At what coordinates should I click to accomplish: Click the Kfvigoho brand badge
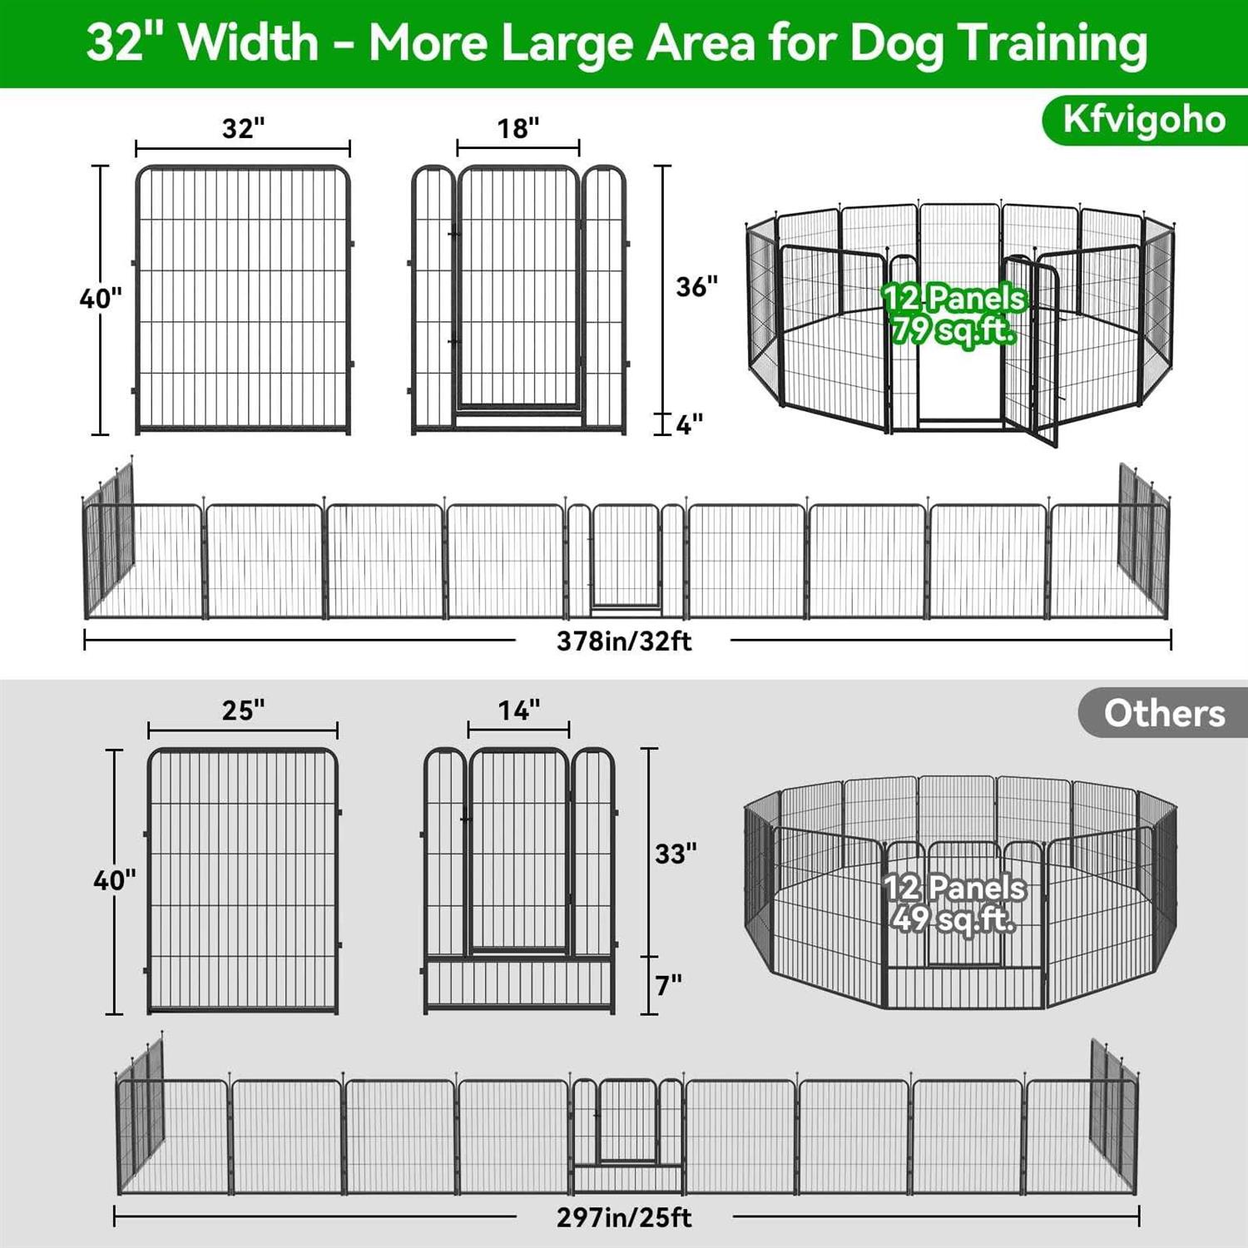(1144, 121)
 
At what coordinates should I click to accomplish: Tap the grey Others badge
(1163, 713)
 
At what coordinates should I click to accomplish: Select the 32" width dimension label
(243, 128)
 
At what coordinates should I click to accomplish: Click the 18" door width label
(518, 128)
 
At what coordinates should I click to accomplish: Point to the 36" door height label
(697, 286)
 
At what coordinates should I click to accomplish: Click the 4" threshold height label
(690, 424)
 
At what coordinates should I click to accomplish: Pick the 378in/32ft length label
(624, 641)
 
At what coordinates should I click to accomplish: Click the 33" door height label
(676, 854)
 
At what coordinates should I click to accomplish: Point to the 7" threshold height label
(669, 985)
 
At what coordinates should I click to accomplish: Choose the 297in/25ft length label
(624, 1218)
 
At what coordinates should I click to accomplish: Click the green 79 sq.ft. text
(953, 331)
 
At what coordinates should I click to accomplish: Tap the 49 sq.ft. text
(953, 919)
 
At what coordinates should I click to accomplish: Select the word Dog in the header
(895, 43)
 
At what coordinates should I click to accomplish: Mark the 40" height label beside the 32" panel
(101, 298)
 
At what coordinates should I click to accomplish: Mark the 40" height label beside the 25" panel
(115, 879)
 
